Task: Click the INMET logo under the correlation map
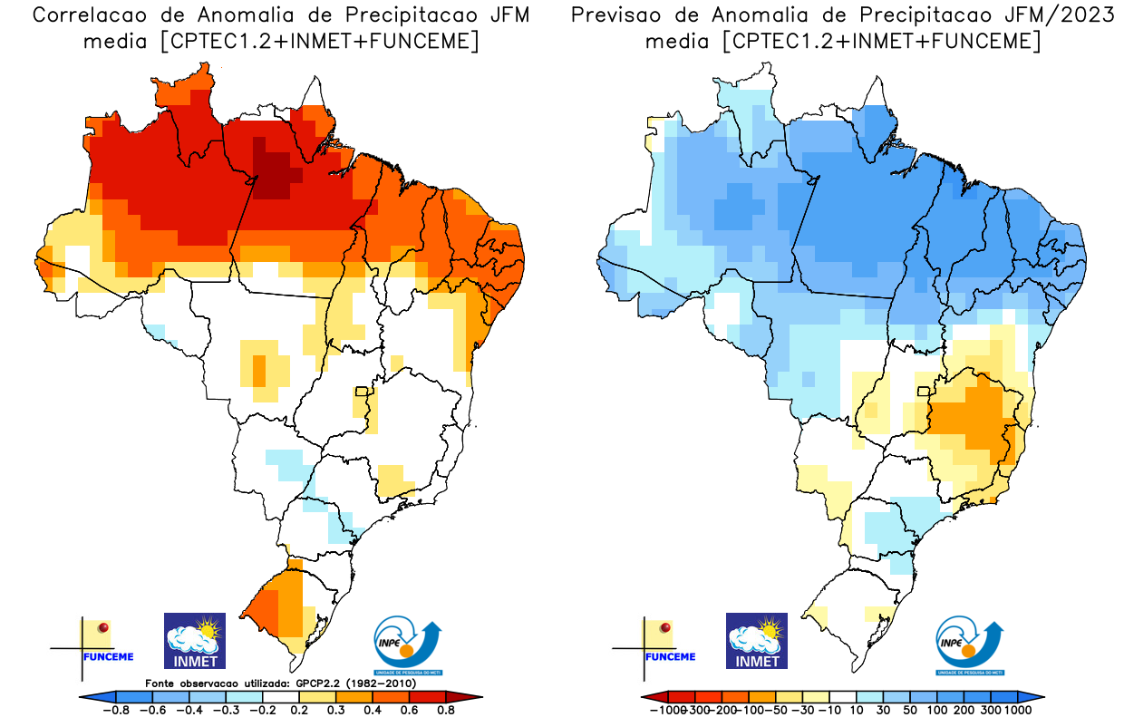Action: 195,640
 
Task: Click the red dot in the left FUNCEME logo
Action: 103,627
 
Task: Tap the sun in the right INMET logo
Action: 770,626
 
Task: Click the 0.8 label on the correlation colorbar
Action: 445,711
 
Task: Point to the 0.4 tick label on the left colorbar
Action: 372,711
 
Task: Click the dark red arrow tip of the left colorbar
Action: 471,696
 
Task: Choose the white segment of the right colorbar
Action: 844,696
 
